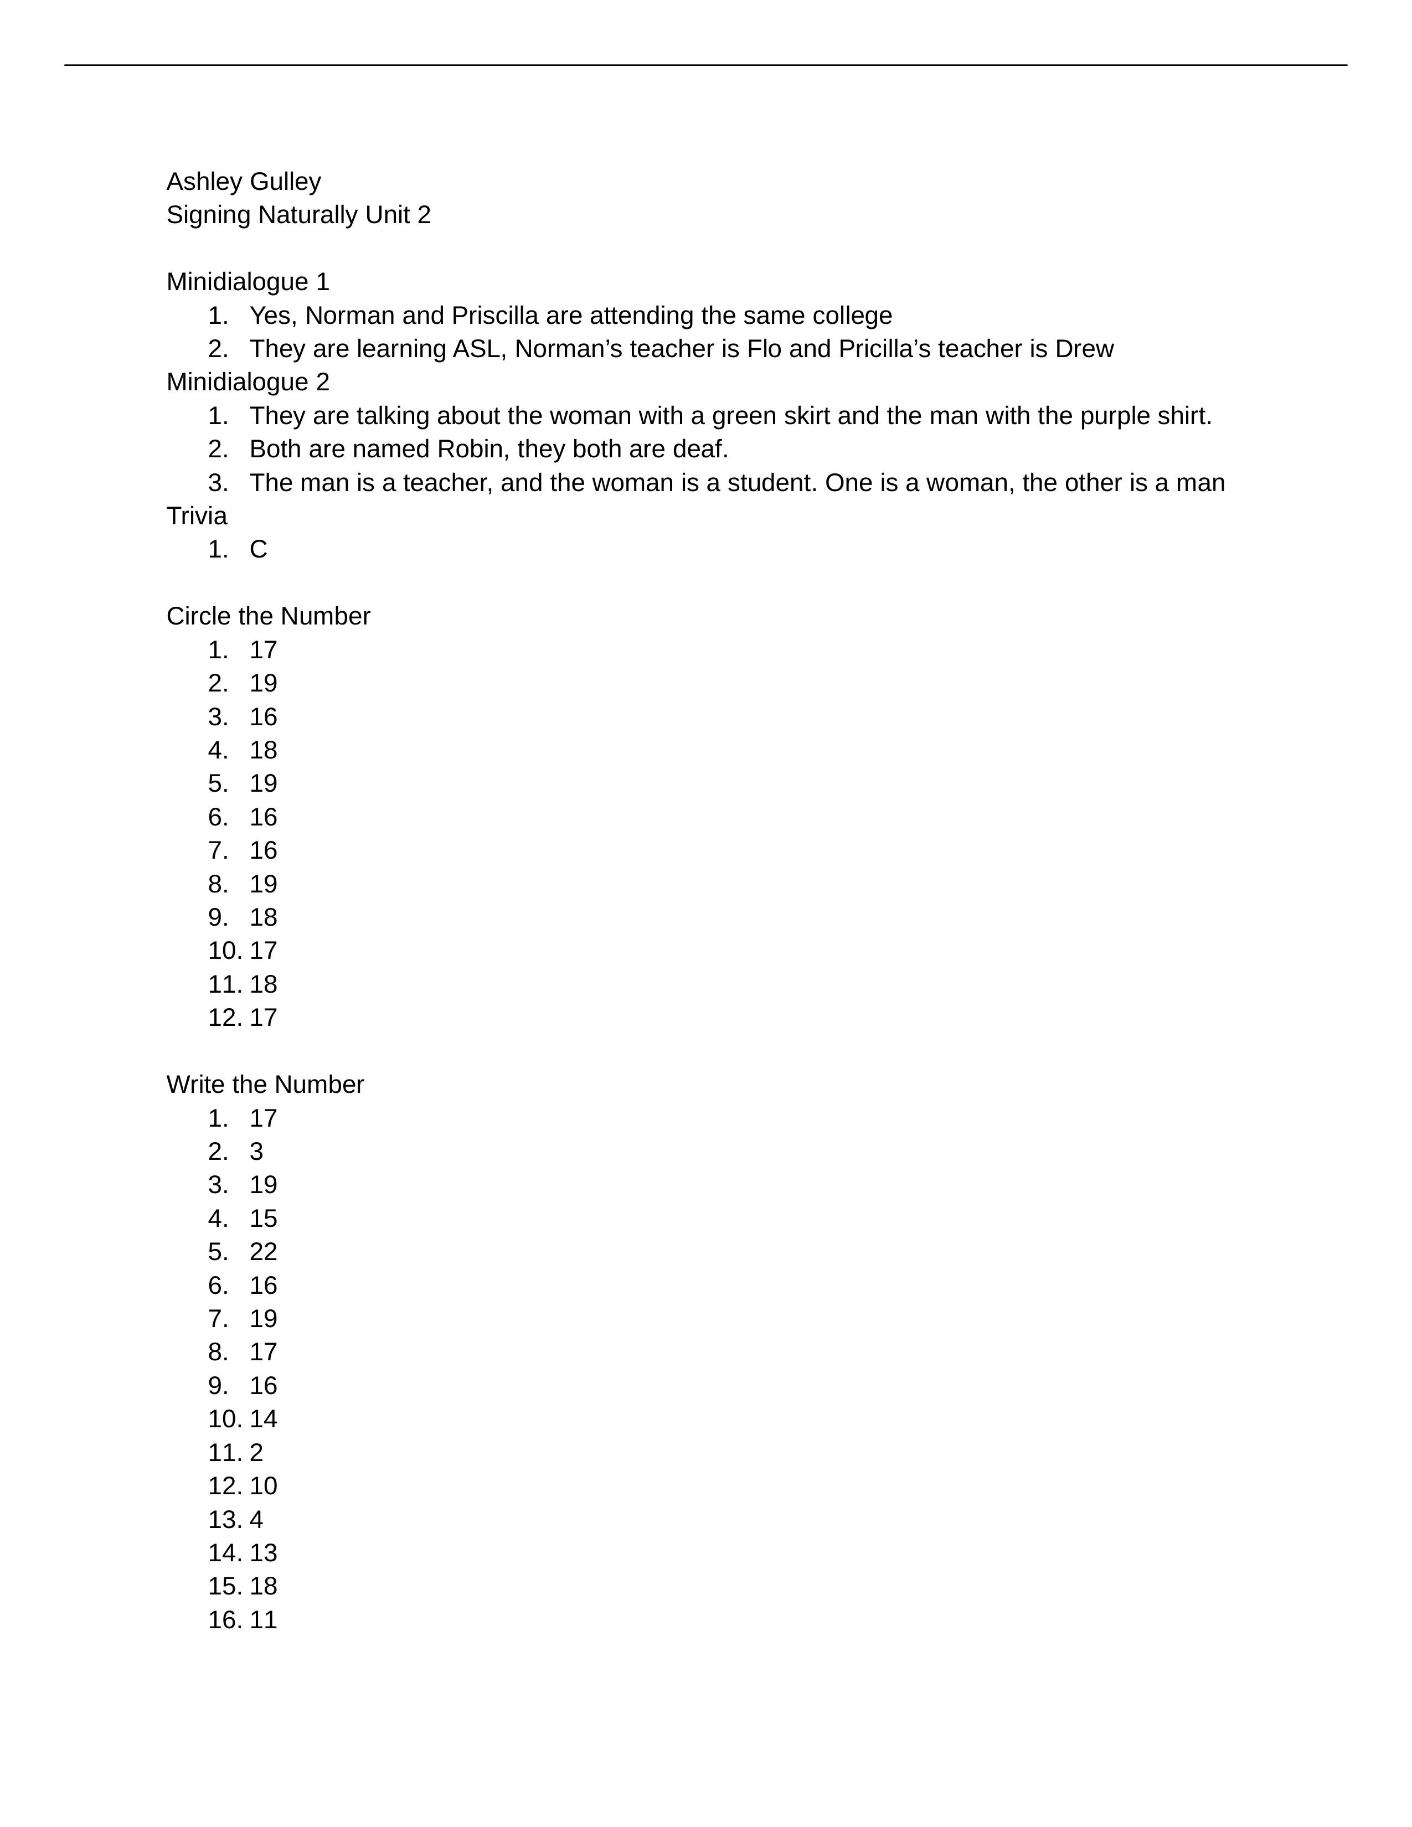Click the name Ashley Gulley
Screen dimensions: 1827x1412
pyautogui.click(x=244, y=182)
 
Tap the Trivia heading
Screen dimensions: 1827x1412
pyautogui.click(x=197, y=516)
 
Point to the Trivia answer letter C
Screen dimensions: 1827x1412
pyautogui.click(x=259, y=550)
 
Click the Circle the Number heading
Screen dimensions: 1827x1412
pyautogui.click(x=267, y=617)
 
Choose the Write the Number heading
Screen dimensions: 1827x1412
pyautogui.click(x=265, y=1085)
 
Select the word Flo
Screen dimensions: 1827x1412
pyautogui.click(x=764, y=349)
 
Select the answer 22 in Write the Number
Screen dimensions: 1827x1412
pyautogui.click(x=262, y=1252)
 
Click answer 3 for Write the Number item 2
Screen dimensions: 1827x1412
pyautogui.click(x=256, y=1152)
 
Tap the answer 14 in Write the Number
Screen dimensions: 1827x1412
pyautogui.click(x=262, y=1420)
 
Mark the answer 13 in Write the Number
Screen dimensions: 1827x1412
pyautogui.click(x=262, y=1554)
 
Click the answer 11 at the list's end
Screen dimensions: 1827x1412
pyautogui.click(x=262, y=1620)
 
